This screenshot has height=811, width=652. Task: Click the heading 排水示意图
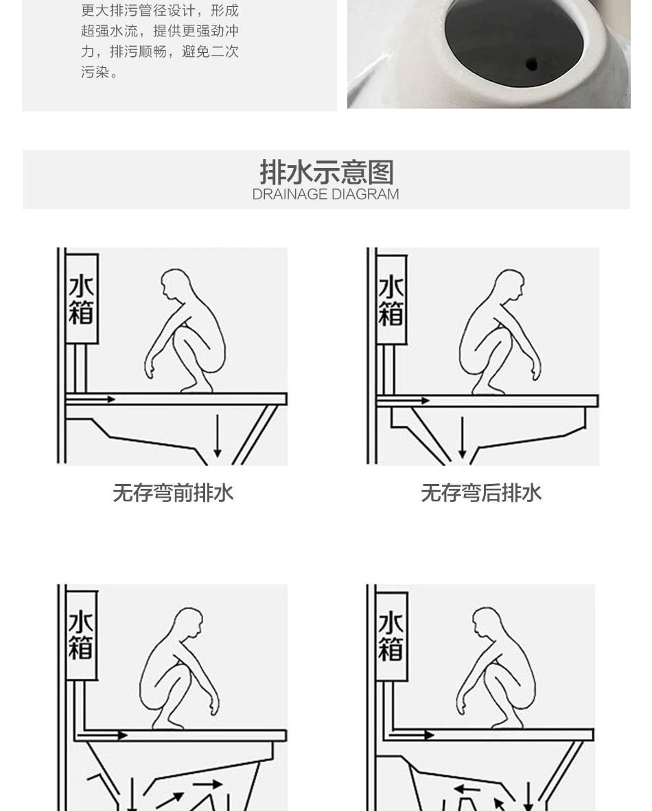click(326, 172)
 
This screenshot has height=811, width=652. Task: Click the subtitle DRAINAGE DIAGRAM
click(326, 195)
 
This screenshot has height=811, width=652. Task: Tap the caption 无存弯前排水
click(173, 493)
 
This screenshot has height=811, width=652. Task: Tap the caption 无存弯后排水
click(481, 493)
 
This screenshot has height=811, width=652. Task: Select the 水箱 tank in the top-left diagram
click(82, 299)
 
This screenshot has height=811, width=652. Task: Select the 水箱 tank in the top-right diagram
click(391, 300)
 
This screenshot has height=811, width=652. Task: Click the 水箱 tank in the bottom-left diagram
click(81, 635)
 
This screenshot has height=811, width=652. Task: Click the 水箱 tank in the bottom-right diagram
click(391, 636)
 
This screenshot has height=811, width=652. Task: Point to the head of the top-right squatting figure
click(510, 285)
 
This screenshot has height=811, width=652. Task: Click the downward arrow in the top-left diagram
click(218, 435)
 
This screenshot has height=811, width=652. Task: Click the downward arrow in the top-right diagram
click(463, 437)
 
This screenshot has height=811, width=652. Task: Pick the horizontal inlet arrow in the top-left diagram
click(91, 399)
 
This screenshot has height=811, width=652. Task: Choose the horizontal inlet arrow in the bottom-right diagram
click(412, 734)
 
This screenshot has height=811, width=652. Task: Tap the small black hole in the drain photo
click(532, 64)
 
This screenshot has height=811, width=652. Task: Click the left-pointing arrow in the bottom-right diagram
click(467, 790)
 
